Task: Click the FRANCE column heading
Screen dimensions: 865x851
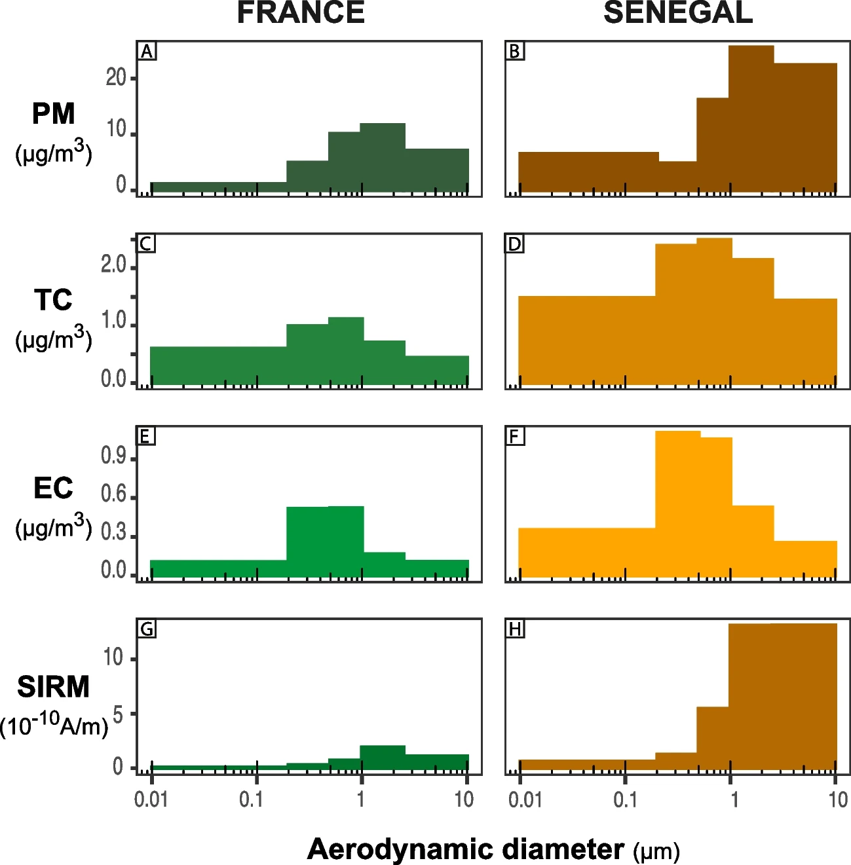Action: [301, 13]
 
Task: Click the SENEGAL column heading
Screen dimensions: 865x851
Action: [677, 13]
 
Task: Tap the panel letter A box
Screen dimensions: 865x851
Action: [147, 51]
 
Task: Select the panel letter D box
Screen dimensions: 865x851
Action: [515, 244]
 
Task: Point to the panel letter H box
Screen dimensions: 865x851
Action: [516, 629]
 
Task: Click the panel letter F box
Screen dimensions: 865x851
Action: [516, 436]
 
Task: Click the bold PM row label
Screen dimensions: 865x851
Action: [54, 114]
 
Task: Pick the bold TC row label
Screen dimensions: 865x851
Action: [53, 301]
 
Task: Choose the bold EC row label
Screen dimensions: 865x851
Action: [53, 488]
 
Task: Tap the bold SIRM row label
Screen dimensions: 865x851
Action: [53, 687]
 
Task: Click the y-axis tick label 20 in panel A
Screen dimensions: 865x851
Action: [116, 78]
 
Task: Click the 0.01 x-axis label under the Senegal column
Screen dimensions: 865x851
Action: [525, 800]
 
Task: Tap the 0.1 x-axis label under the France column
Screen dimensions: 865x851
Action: [251, 800]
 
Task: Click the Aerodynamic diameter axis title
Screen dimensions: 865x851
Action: [465, 849]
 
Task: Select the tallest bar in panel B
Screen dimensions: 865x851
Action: [751, 118]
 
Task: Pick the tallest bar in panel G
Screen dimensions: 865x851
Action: [383, 758]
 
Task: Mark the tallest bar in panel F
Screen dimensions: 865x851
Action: [677, 504]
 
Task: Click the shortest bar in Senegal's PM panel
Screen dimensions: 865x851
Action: [677, 177]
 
